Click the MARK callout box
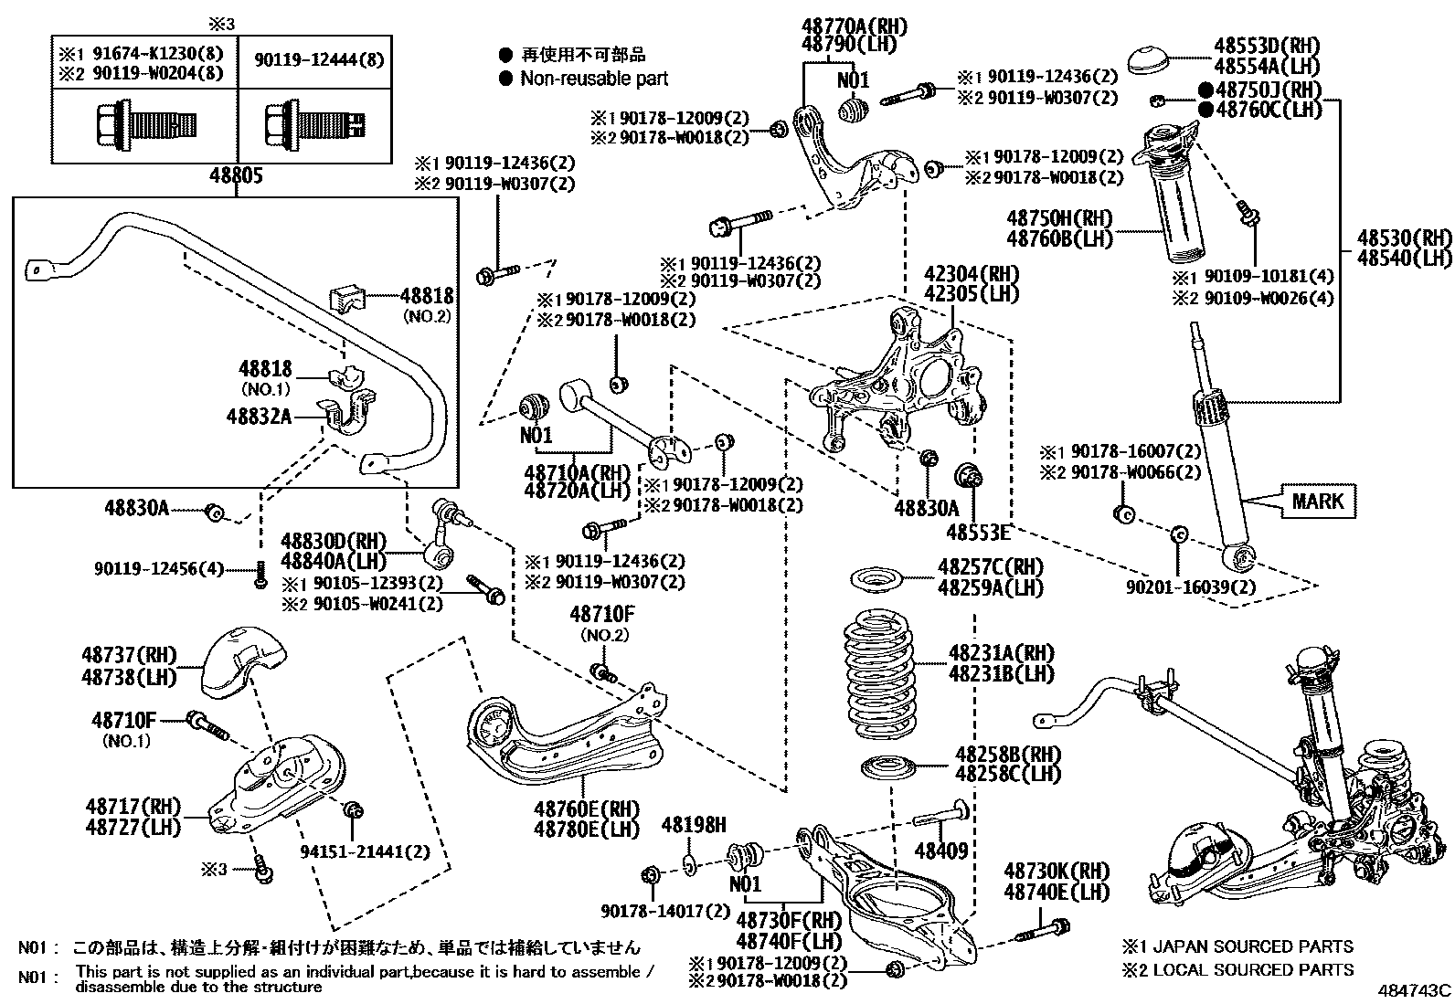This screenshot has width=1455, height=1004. (1318, 501)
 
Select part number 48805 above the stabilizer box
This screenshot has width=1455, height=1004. (236, 175)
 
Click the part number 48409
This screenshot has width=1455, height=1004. (940, 851)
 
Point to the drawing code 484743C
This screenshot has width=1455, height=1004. (1415, 990)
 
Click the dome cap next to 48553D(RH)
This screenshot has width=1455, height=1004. (1152, 60)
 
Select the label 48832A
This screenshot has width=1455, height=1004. (259, 417)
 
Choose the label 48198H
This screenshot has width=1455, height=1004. (693, 826)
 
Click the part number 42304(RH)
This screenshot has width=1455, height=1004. (959, 274)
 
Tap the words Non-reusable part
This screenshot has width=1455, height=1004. (594, 79)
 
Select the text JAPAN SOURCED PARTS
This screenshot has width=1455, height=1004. (1261, 947)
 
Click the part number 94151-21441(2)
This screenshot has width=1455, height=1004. (365, 851)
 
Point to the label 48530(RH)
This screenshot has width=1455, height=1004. (1404, 238)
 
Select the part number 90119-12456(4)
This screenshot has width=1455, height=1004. (158, 568)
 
